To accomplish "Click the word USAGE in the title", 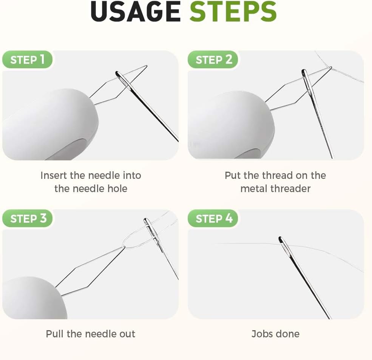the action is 136,12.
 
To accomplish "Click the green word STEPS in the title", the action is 233,12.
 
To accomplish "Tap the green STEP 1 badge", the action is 27,60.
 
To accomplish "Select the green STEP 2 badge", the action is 213,60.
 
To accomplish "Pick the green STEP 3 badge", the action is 27,218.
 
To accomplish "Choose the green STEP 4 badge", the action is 213,218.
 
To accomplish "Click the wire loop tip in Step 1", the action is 147,66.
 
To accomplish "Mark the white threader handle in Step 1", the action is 50,125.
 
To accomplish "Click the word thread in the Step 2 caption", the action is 275,175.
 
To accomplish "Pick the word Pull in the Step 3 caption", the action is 54,334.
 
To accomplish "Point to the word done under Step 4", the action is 287,334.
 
